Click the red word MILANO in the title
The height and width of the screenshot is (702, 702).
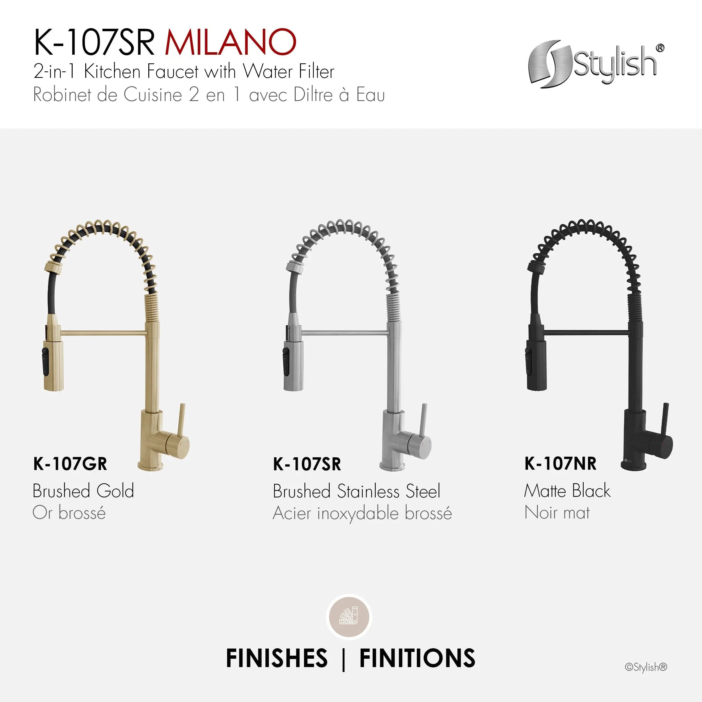[231, 43]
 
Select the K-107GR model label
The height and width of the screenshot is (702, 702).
[70, 464]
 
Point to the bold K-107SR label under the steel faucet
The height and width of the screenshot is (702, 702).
[307, 464]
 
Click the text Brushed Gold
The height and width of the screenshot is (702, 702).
[83, 491]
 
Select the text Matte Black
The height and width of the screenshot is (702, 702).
[567, 491]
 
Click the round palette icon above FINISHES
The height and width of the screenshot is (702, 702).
[349, 617]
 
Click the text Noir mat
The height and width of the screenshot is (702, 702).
[557, 513]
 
